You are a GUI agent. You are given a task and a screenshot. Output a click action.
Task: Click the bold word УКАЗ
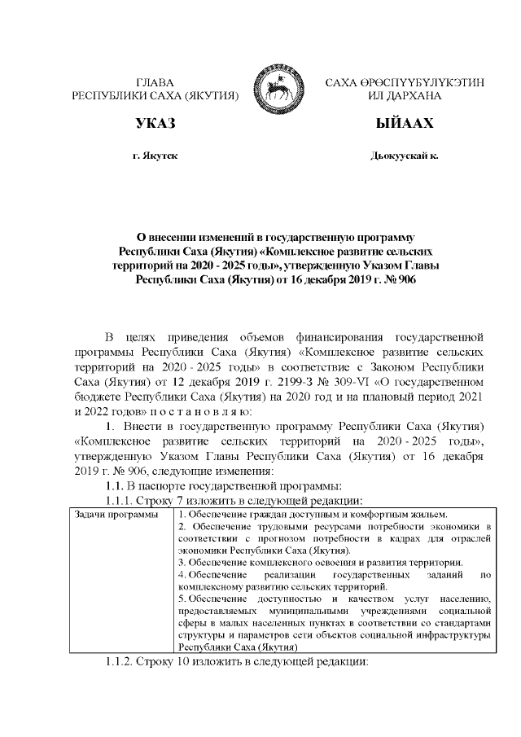pos(155,124)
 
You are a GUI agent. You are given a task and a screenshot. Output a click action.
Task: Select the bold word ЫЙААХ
pos(405,124)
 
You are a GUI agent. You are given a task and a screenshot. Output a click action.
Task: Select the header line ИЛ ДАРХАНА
pos(405,95)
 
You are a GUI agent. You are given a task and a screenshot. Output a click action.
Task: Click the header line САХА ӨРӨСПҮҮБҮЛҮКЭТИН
pos(405,82)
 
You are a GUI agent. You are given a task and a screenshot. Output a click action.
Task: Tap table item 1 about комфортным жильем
pos(313,515)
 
